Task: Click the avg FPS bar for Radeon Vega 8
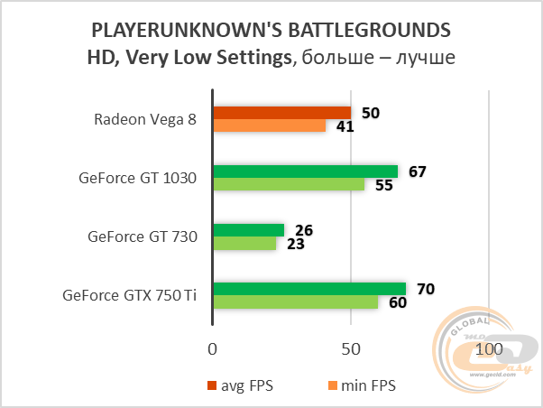(x=281, y=112)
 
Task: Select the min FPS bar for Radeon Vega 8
(x=269, y=125)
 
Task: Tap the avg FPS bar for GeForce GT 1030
(x=305, y=172)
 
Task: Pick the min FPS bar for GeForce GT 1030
(x=289, y=184)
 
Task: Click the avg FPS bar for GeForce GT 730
(x=248, y=230)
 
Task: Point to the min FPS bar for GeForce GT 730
(x=244, y=243)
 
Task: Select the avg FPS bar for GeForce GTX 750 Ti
(x=309, y=289)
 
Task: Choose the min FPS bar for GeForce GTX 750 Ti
(x=295, y=301)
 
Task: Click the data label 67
(x=417, y=172)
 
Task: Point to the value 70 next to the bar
(x=425, y=289)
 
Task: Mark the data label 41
(x=344, y=126)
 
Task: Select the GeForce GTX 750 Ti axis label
(x=129, y=295)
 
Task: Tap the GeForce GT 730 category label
(x=142, y=236)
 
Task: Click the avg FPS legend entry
(x=240, y=385)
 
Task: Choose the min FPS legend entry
(x=360, y=385)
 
